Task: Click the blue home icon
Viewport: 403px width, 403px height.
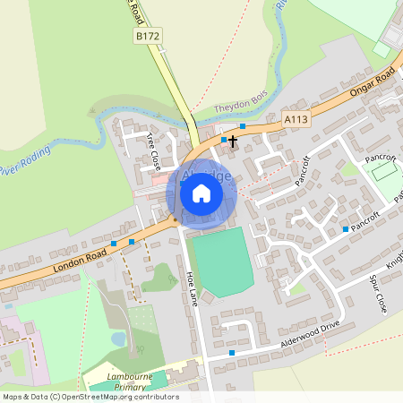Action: click(201, 193)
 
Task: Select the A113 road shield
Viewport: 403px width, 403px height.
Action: click(295, 117)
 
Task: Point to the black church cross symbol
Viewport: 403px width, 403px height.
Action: click(233, 141)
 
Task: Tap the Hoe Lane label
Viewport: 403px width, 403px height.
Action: click(190, 288)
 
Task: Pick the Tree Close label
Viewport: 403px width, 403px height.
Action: click(153, 151)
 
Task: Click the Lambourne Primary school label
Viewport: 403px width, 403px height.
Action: click(131, 382)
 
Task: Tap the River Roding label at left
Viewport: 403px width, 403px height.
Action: click(21, 165)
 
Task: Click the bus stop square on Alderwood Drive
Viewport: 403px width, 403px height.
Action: click(232, 353)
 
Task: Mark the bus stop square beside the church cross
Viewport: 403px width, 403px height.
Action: click(223, 141)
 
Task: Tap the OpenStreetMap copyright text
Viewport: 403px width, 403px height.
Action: click(90, 397)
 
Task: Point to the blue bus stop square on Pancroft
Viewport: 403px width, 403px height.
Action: click(346, 230)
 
